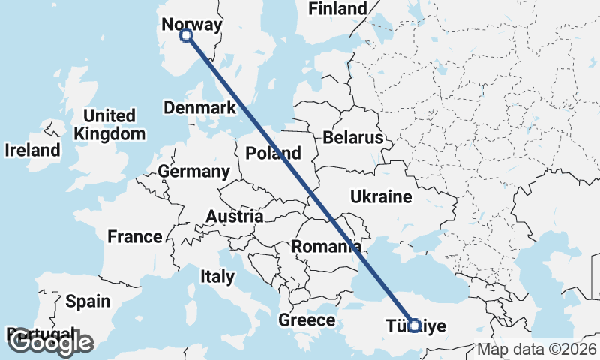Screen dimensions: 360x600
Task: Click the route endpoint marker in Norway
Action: tap(186, 35)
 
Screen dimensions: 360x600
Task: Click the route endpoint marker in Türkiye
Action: tap(414, 325)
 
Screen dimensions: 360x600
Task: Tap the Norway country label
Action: tap(192, 25)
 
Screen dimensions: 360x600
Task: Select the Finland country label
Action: tap(338, 9)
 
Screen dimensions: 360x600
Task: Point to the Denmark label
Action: tap(200, 108)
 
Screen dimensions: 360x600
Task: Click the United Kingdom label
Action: tap(109, 124)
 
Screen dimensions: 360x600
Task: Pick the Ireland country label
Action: tap(32, 150)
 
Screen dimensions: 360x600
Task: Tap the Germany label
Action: tap(193, 172)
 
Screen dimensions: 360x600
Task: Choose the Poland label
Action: tap(274, 154)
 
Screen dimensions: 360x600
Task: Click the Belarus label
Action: tap(353, 138)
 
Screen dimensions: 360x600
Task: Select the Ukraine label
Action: tap(381, 197)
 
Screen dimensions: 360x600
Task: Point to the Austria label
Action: tap(235, 217)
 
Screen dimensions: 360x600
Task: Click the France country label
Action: tap(135, 237)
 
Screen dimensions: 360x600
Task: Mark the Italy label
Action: tap(217, 277)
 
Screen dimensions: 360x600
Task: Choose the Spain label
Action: tap(88, 301)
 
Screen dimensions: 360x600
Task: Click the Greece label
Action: tap(307, 320)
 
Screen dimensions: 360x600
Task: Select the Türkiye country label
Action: tap(416, 326)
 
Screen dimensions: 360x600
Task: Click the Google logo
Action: tap(50, 343)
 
